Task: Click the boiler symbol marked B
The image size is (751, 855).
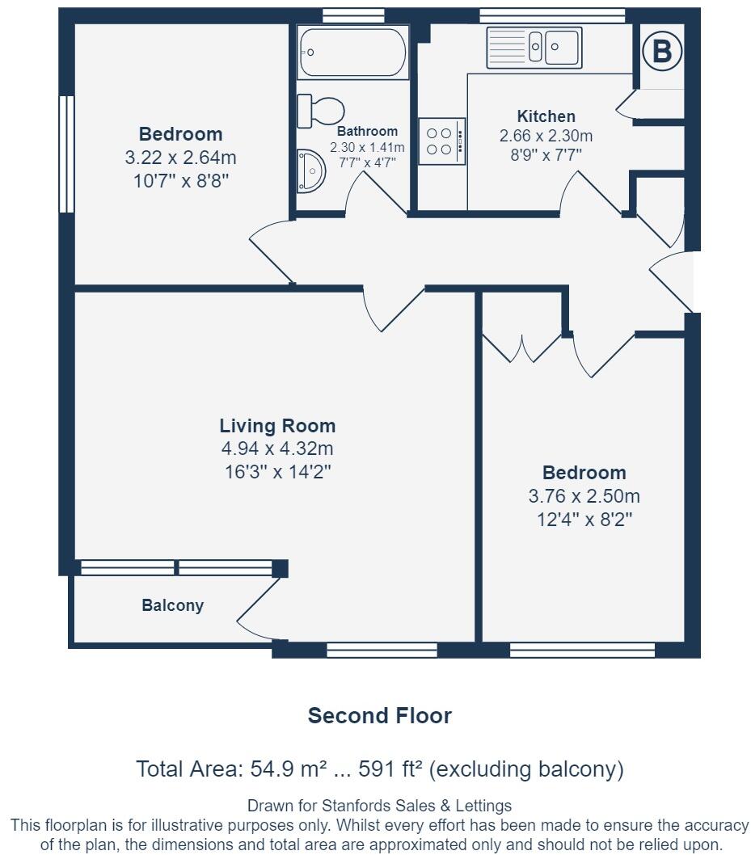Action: [662, 52]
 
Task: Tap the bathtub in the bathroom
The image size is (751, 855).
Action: [353, 53]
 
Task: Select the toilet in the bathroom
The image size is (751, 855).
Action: [321, 110]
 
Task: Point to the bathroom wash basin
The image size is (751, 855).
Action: [311, 171]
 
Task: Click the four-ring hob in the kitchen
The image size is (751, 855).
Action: [441, 141]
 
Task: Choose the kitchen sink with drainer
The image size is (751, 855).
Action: [534, 48]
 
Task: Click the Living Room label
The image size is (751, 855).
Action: [277, 425]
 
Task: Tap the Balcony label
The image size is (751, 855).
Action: [172, 605]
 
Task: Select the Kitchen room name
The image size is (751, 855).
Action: [546, 116]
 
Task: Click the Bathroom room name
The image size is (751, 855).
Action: [367, 131]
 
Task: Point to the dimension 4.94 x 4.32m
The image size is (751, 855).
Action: [277, 449]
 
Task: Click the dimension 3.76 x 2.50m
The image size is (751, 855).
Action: [584, 496]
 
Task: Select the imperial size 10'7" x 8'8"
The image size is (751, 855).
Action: [181, 181]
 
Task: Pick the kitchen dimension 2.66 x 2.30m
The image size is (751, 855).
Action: [546, 135]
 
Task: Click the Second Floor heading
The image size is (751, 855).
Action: [380, 715]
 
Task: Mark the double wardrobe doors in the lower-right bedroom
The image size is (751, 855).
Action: [522, 348]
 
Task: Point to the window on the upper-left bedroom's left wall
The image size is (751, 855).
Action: [66, 154]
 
